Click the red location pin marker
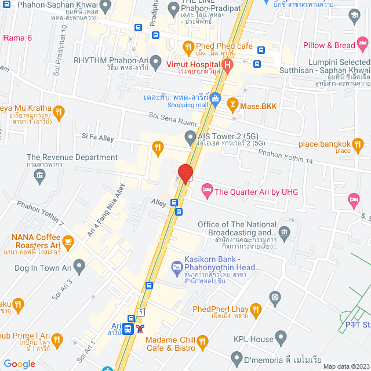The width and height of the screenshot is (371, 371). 185,173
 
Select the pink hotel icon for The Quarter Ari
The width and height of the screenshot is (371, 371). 206,190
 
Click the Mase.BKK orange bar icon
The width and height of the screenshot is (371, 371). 232,105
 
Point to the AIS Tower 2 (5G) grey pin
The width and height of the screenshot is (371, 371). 190,137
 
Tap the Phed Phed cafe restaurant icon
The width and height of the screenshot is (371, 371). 188,46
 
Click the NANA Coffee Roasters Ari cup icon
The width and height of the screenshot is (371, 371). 68,242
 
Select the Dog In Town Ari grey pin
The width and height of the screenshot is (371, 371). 79,265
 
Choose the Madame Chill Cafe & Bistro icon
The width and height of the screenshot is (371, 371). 202,343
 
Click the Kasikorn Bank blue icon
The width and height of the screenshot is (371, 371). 176,266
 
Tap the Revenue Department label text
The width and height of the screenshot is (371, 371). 72,157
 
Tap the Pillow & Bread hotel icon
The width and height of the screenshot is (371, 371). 362,43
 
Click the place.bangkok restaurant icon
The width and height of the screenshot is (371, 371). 358,143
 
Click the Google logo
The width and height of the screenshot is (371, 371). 19,363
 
